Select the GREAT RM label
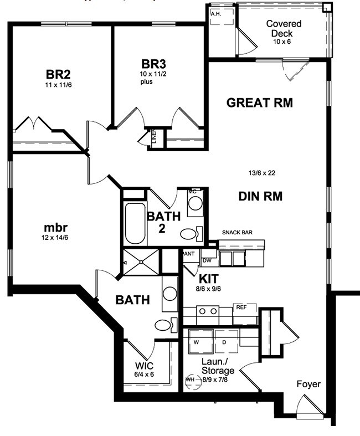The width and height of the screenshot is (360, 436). tap(259, 102)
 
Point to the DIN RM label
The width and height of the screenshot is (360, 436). tap(261, 196)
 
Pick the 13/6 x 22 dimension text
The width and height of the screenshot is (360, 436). tap(262, 173)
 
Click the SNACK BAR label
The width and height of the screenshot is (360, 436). tap(237, 233)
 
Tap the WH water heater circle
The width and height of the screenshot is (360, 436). tap(192, 379)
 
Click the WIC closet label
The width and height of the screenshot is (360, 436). tap(145, 366)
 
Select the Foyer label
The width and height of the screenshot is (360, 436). tap(308, 384)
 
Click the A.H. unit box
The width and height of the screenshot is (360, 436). tap(215, 13)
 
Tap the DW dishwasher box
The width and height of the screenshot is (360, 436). tap(207, 260)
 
